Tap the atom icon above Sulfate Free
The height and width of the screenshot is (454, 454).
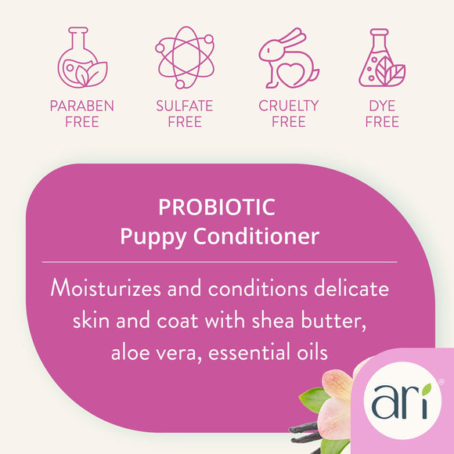tap(183, 56)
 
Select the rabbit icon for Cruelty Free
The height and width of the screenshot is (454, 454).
tap(289, 58)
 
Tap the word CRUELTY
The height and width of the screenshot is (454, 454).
tap(289, 106)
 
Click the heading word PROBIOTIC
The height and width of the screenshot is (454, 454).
tap(217, 207)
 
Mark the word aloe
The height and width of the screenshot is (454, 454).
tap(135, 352)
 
